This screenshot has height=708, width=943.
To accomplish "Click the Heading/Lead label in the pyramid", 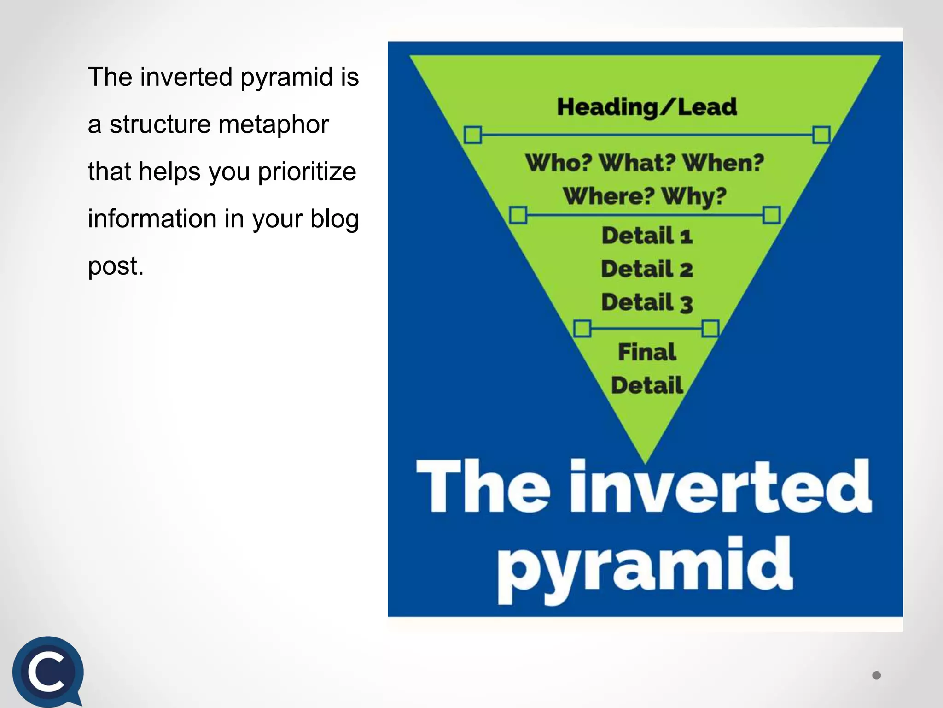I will coord(647,107).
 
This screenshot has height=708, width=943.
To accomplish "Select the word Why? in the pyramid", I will coord(694,196).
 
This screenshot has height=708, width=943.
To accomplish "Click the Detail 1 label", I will coord(647,236).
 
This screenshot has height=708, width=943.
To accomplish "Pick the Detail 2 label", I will coord(647,269).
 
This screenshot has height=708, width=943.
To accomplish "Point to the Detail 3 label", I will coord(647,303).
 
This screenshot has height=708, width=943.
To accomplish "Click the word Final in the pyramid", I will coord(647,352).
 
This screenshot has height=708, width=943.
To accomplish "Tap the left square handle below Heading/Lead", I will coord(473,135).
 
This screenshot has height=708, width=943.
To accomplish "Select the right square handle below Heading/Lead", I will coord(821,135).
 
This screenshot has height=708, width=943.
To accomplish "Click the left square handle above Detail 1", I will coord(518,215).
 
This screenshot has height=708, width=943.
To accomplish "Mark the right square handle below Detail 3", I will coord(710,329).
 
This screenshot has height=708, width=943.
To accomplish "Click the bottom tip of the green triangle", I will coord(646,461).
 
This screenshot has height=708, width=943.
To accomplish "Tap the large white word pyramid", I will coord(645,569).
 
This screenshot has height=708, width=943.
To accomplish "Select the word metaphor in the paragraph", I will coord(274,124).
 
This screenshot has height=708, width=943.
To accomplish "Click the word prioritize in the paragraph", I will coord(307,172).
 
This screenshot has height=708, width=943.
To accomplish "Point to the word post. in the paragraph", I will coord(116,266).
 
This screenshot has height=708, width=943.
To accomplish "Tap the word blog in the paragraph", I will coord(334,219).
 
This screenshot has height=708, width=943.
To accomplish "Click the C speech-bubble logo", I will coord(47,672).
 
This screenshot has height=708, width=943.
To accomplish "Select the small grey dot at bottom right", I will coord(876,675).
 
